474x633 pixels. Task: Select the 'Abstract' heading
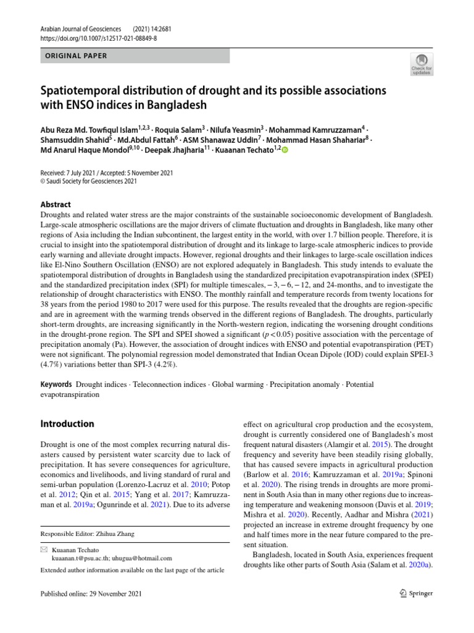56,204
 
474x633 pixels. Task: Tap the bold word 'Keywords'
56,384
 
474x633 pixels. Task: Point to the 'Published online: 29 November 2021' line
91,594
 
